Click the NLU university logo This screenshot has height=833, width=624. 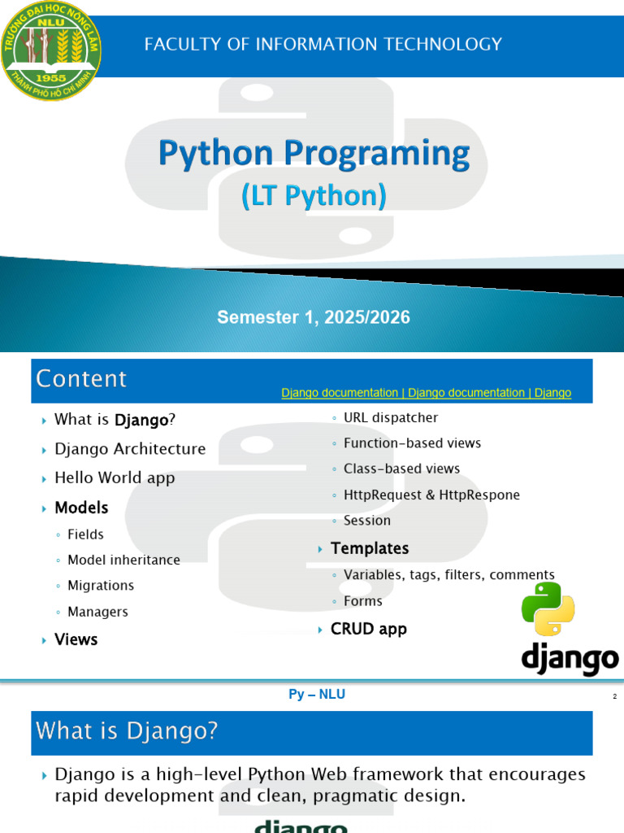pyautogui.click(x=51, y=51)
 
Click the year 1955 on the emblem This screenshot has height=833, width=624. pyautogui.click(x=51, y=78)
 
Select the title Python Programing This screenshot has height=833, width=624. pyautogui.click(x=314, y=154)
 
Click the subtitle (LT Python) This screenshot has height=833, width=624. pyautogui.click(x=314, y=195)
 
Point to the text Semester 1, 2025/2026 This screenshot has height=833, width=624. pyautogui.click(x=314, y=317)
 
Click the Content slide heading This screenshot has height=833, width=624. pyautogui.click(x=81, y=379)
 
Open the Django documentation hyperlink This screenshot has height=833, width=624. pyautogui.click(x=426, y=393)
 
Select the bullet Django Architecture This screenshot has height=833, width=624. pyautogui.click(x=130, y=449)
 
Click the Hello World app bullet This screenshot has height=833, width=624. pyautogui.click(x=115, y=478)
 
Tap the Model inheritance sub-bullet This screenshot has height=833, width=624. pyautogui.click(x=123, y=560)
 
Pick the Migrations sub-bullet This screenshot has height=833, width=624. pyautogui.click(x=101, y=586)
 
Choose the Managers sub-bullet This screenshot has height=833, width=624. pyautogui.click(x=97, y=612)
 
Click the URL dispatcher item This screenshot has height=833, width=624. pyautogui.click(x=391, y=417)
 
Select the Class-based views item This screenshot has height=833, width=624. pyautogui.click(x=401, y=469)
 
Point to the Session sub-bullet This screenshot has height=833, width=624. pyautogui.click(x=366, y=520)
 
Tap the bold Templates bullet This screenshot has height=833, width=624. pyautogui.click(x=370, y=548)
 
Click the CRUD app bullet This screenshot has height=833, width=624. pyautogui.click(x=368, y=629)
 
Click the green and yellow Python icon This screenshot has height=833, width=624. pyautogui.click(x=548, y=608)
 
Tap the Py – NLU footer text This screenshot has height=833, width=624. pyautogui.click(x=317, y=695)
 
